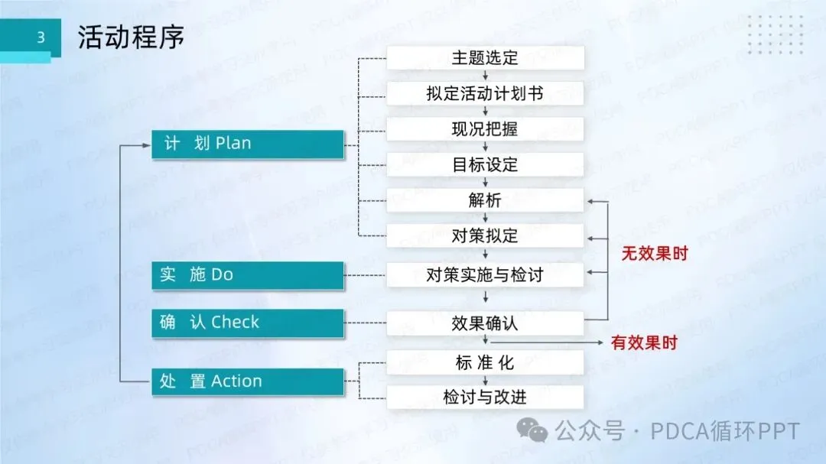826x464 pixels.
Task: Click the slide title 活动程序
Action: point(131,38)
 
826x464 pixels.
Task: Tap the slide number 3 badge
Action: point(41,37)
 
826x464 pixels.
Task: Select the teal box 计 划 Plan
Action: point(247,144)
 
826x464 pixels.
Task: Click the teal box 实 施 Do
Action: point(247,274)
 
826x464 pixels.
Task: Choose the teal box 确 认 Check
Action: point(247,323)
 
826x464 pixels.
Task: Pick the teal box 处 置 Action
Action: point(247,381)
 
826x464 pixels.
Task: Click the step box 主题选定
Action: point(485,58)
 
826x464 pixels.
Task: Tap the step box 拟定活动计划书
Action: point(485,93)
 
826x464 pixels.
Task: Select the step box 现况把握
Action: point(485,129)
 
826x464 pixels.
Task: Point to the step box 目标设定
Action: point(485,164)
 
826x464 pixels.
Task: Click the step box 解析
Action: point(485,200)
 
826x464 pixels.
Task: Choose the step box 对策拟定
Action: point(485,236)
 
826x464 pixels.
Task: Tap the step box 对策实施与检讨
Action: point(485,274)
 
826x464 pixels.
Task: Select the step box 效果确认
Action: point(485,323)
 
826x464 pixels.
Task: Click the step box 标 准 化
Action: point(485,363)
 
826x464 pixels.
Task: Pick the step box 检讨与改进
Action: point(485,397)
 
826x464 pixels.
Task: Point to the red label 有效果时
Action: point(644,343)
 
